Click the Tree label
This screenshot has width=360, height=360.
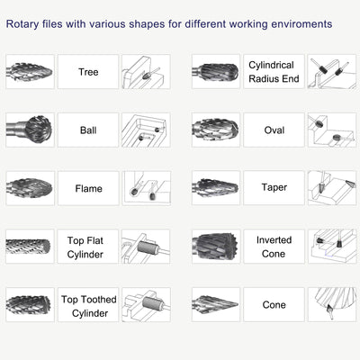pos(88,72)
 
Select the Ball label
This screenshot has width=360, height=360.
pos(88,130)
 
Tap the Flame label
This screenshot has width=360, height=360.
pos(88,189)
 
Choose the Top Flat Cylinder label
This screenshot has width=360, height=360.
pos(88,247)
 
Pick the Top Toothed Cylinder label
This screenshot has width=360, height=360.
pos(88,306)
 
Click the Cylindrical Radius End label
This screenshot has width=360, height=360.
pos(274,72)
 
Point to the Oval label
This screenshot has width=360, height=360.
pos(274,130)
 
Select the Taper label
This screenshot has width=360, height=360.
pos(274,189)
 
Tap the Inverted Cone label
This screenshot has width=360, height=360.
pos(274,247)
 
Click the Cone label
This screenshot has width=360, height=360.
pos(274,306)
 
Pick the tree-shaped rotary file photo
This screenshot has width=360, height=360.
pos(30,72)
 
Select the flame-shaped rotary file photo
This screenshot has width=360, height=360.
pos(30,189)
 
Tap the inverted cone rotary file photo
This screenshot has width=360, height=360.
pos(216,247)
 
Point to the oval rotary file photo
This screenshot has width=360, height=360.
pos(216,130)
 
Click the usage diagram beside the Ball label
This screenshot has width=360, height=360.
pos(146,130)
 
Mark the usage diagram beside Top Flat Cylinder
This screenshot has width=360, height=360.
pos(146,247)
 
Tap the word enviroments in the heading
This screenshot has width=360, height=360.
pos(298,22)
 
